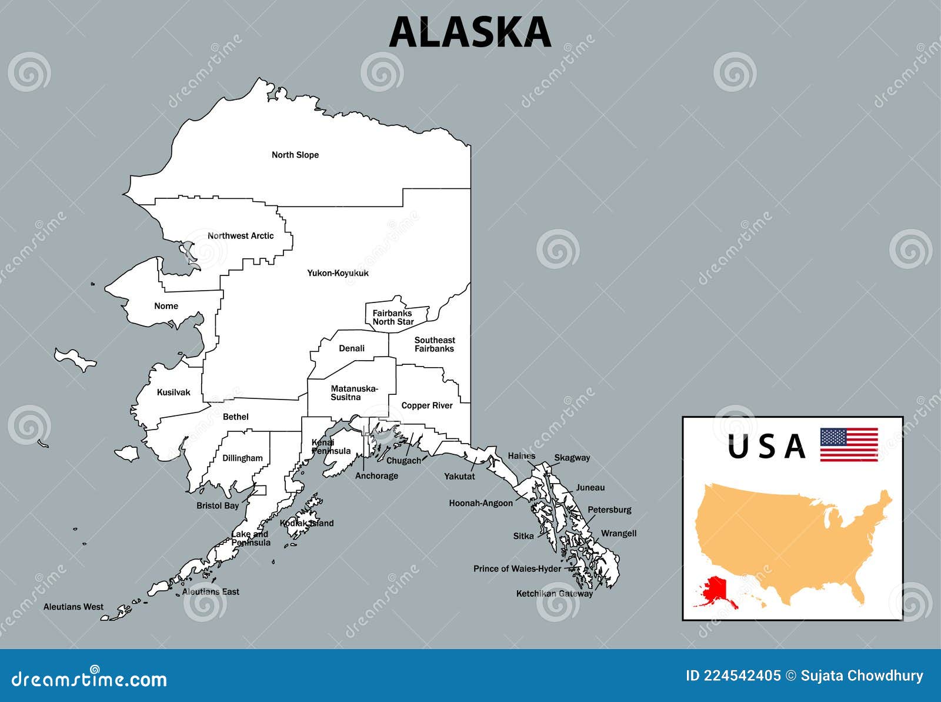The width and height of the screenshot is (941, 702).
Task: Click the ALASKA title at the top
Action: (470, 32)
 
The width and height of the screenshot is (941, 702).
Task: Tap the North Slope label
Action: (295, 155)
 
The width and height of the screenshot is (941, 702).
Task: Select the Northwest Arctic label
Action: (241, 236)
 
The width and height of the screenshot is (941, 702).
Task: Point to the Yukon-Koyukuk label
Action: (338, 273)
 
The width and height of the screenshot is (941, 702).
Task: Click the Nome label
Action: (166, 306)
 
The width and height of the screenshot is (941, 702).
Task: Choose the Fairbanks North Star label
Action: (392, 318)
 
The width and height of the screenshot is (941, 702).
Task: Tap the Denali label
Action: (352, 348)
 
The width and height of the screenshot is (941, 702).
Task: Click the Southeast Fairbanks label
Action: (434, 344)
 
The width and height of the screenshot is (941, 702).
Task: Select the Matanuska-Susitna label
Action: (353, 392)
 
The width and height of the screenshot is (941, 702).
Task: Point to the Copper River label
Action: (427, 405)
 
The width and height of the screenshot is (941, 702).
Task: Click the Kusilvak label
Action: (173, 392)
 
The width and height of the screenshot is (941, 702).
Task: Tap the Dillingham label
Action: (242, 458)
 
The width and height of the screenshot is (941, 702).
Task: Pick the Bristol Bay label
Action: (218, 505)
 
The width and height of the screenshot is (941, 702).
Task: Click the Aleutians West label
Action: (74, 607)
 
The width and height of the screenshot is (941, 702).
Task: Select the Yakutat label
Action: (459, 476)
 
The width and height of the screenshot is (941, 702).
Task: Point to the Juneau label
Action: (590, 487)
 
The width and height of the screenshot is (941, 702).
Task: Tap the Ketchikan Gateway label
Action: (554, 594)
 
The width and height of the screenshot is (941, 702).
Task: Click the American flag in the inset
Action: (849, 444)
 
